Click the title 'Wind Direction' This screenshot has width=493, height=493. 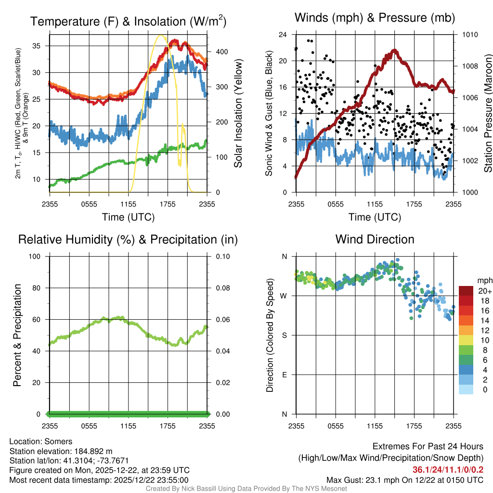click(x=375, y=239)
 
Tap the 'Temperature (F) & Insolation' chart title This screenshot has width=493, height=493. click(x=128, y=22)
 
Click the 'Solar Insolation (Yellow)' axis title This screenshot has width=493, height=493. click(x=238, y=114)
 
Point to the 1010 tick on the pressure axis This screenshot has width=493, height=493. click(x=470, y=35)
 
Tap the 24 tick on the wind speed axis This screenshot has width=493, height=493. click(x=283, y=35)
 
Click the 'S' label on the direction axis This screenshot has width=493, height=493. click(x=285, y=335)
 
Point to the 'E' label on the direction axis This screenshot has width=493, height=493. click(x=285, y=375)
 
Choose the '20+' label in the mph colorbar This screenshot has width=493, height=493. click(x=484, y=291)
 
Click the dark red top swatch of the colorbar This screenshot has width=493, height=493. click(x=466, y=291)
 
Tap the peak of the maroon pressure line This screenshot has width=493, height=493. click(x=395, y=50)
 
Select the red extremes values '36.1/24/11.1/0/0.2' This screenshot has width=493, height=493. click(x=448, y=470)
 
